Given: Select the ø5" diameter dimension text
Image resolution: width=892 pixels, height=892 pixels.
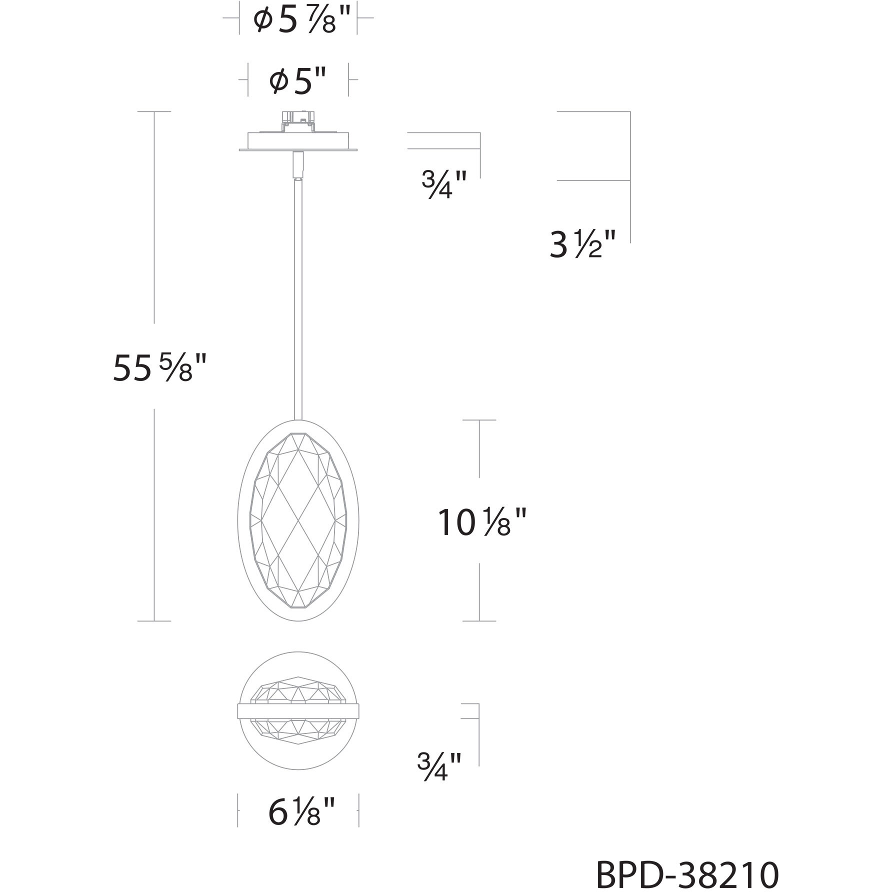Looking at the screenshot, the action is [x=298, y=81].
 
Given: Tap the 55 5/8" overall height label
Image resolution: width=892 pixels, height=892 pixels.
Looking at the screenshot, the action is [x=159, y=367].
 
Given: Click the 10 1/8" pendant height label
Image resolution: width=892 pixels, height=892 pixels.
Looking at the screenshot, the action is [x=482, y=522].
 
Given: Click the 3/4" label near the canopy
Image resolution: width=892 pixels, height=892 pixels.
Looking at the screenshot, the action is [x=444, y=185].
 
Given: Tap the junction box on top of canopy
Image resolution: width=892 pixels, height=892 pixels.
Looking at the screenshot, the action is [x=298, y=122].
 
